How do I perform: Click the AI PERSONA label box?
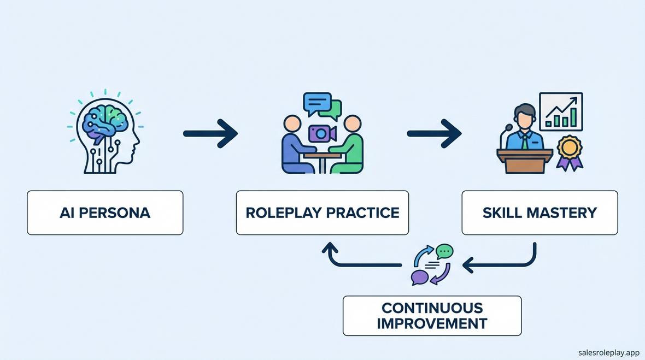(105, 213)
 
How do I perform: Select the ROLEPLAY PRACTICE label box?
(322, 213)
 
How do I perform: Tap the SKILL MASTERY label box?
(540, 213)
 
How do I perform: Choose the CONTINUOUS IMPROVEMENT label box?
(432, 316)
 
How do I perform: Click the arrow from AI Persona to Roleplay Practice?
(210, 133)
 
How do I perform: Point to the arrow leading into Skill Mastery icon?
(434, 133)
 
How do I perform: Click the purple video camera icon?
(322, 133)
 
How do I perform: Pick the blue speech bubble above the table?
(316, 103)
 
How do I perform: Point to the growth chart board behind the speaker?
(561, 112)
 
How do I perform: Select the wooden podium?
(525, 161)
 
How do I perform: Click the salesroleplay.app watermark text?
(608, 352)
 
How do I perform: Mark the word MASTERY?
(561, 213)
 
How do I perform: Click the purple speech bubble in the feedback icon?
(420, 277)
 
